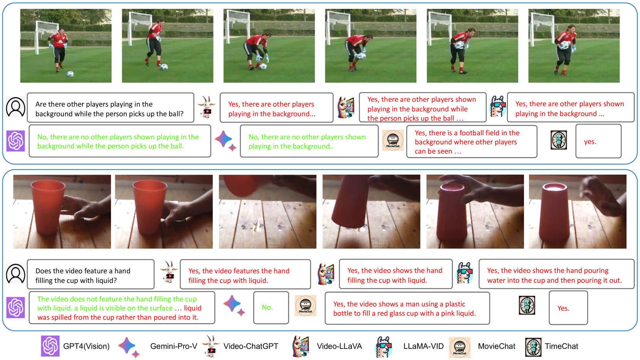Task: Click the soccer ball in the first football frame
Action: pyautogui.click(x=70, y=74)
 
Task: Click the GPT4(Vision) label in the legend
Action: pyautogui.click(x=86, y=346)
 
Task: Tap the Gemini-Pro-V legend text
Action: pyautogui.click(x=174, y=346)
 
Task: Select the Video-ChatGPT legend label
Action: pyautogui.click(x=250, y=346)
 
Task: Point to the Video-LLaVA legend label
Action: pyautogui.click(x=339, y=346)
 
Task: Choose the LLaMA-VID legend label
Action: pyautogui.click(x=423, y=346)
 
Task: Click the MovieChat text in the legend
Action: pyautogui.click(x=497, y=346)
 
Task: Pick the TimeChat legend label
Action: pyautogui.click(x=561, y=346)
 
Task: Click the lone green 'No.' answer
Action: pyautogui.click(x=267, y=308)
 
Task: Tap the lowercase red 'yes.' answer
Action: pyautogui.click(x=590, y=142)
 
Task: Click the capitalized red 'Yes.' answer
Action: pyautogui.click(x=563, y=308)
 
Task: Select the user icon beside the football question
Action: pyautogui.click(x=15, y=107)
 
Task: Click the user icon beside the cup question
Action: pyautogui.click(x=15, y=274)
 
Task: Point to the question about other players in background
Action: pyautogui.click(x=109, y=109)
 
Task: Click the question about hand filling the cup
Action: pyautogui.click(x=83, y=276)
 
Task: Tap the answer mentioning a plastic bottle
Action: pyautogui.click(x=405, y=309)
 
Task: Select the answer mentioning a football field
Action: pyautogui.click(x=467, y=142)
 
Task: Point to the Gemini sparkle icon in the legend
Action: pyautogui.click(x=129, y=347)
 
